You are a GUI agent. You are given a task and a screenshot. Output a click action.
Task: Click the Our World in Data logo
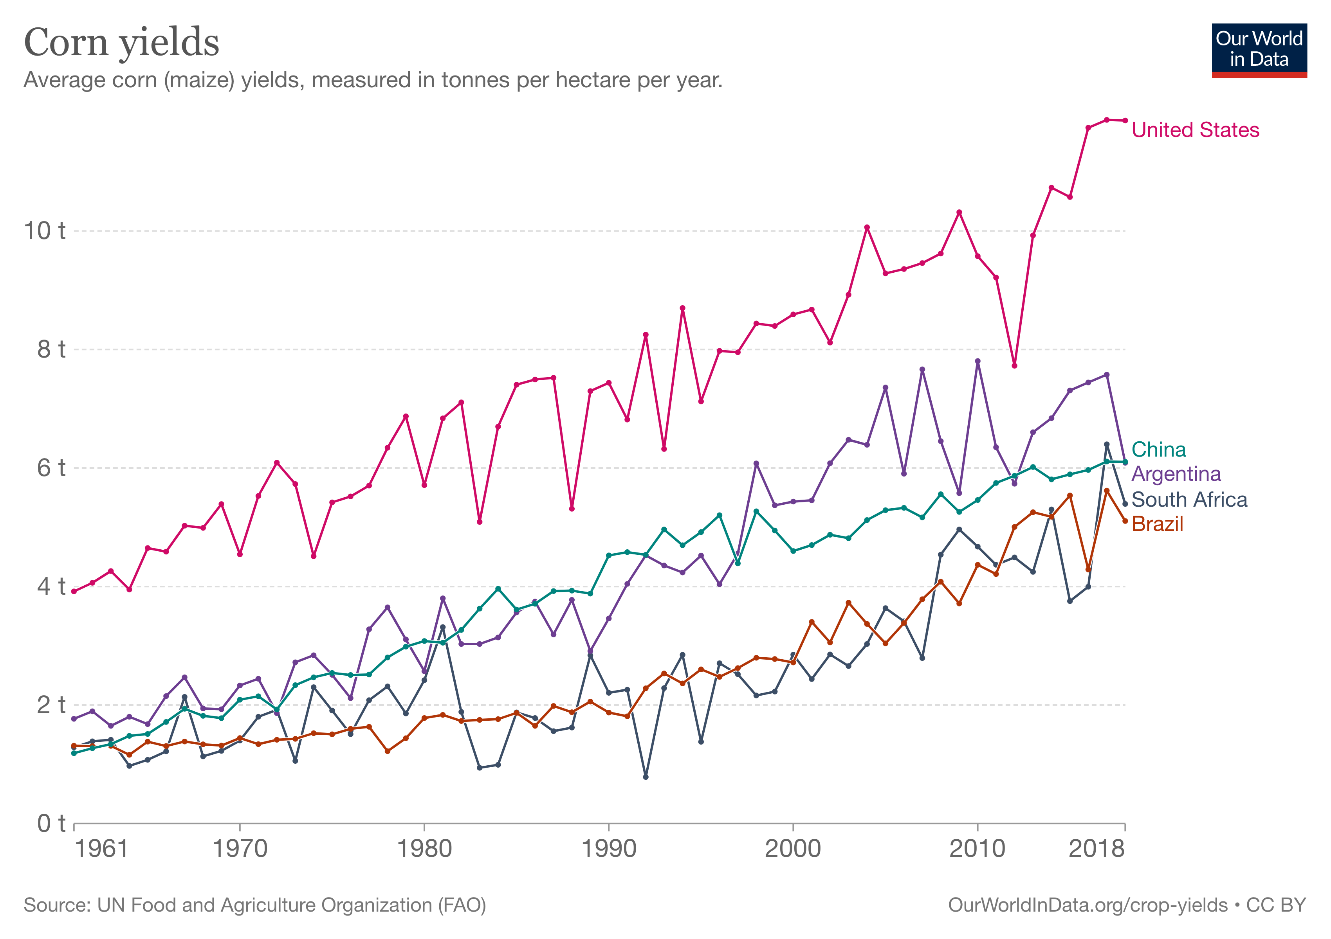pos(1259,50)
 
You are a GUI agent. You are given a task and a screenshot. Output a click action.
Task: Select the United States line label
pos(1195,130)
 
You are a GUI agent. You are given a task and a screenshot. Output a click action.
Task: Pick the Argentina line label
pos(1176,474)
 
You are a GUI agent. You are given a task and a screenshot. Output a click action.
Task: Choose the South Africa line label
pos(1189,499)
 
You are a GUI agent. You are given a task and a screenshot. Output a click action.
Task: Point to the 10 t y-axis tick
pos(44,230)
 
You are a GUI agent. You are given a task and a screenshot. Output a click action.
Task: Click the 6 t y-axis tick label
pos(50,468)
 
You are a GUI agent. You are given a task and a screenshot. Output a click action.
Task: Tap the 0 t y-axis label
pos(50,823)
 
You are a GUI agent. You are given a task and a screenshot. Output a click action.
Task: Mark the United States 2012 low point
pos(1014,365)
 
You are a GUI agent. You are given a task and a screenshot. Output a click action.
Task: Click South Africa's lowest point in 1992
pos(646,777)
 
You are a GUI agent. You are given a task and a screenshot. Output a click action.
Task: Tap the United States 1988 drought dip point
pos(572,509)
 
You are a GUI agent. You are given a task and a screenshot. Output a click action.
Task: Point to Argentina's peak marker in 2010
pos(978,361)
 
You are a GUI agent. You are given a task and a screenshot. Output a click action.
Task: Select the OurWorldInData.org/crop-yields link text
pos(1088,905)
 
